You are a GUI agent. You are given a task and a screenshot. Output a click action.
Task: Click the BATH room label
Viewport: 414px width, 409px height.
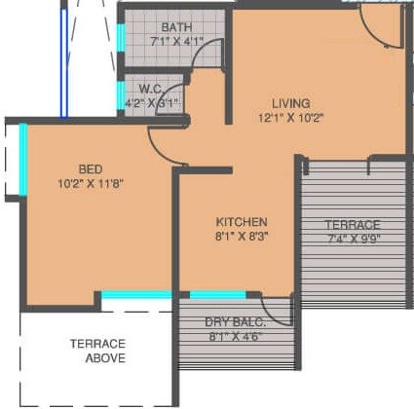tap(177, 27)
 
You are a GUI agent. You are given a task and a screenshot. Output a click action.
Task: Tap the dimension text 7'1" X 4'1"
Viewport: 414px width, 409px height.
tap(176, 42)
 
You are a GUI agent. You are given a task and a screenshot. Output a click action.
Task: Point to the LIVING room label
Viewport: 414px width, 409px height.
tap(290, 103)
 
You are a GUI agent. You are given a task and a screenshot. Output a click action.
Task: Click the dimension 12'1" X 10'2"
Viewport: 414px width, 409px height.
tap(290, 119)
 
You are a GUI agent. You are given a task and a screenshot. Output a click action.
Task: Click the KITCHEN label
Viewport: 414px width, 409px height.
tap(242, 221)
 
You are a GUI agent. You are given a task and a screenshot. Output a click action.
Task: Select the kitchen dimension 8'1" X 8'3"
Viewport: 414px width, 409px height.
tap(242, 237)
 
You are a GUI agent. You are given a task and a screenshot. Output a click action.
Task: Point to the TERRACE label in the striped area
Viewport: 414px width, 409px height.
tap(353, 225)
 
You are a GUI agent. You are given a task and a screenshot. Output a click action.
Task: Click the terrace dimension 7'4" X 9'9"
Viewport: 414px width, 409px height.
tap(353, 240)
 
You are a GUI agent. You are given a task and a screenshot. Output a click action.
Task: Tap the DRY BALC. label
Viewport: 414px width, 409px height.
tap(235, 322)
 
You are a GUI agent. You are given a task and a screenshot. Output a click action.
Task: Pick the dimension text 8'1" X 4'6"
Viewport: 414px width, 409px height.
tap(235, 337)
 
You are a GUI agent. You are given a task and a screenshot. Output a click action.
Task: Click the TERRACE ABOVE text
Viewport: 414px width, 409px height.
tap(97, 351)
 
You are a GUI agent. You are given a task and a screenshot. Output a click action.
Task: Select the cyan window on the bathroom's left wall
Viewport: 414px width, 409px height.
tap(121, 40)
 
